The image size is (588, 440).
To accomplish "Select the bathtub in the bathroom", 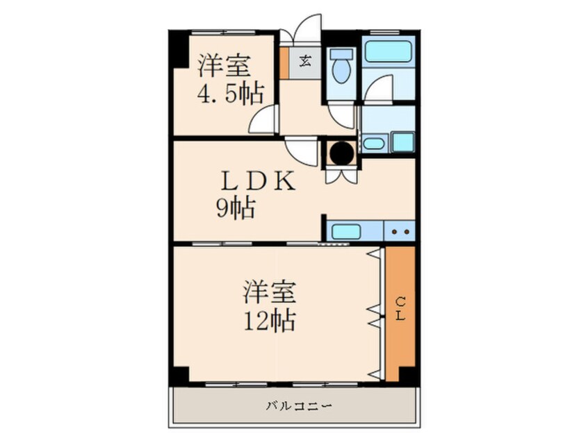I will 389,51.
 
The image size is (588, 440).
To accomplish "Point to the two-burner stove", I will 399,231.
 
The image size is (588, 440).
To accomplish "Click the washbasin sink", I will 373,144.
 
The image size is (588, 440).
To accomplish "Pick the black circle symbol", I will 341,152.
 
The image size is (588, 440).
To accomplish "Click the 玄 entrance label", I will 305,60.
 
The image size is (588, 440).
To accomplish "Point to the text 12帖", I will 271,321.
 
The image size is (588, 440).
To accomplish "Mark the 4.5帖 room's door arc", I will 264,120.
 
